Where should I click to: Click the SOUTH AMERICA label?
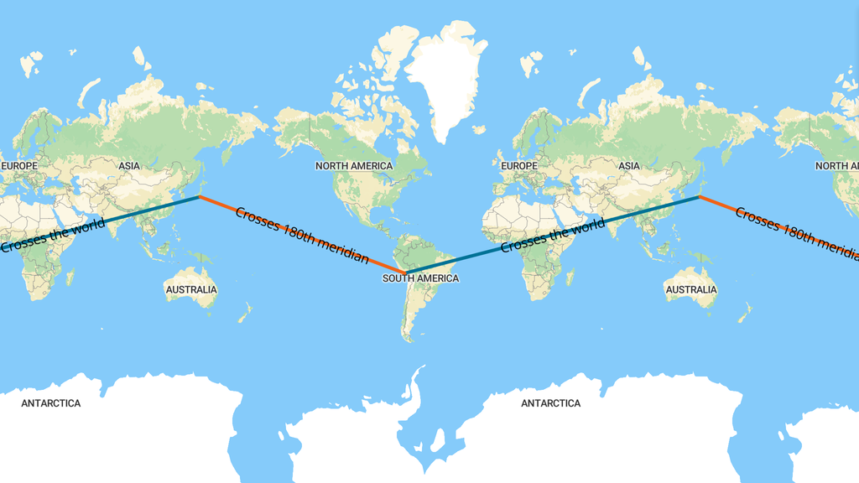tap(420, 278)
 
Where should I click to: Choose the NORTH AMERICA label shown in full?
tap(353, 166)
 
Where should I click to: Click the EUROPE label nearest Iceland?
tap(518, 166)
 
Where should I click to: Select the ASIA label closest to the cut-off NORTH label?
tap(629, 166)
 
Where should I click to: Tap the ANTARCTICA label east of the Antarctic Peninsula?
tap(550, 403)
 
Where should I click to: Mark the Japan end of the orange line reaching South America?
tap(200, 196)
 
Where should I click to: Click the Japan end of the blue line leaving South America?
tap(699, 196)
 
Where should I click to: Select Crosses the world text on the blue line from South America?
tap(552, 236)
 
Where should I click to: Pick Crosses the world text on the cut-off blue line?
tap(52, 236)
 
